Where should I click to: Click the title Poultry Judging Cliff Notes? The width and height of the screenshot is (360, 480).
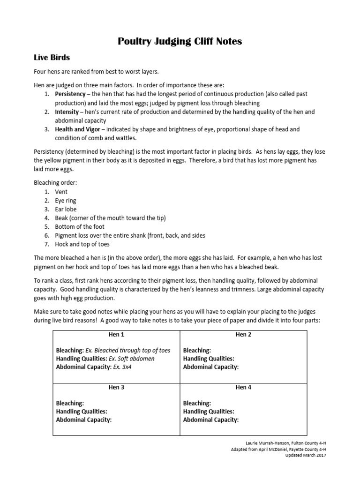coord(180,41)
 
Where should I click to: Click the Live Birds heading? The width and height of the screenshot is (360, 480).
coord(52,58)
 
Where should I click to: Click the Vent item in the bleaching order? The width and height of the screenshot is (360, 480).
coord(61,192)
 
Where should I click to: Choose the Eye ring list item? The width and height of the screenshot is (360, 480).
coord(66,201)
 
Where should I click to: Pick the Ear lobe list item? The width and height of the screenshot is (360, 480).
coord(66,209)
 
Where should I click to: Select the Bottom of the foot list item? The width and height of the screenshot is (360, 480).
coord(80,226)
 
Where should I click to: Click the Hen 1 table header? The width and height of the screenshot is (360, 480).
coord(116,335)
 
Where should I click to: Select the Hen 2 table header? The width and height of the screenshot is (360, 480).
coord(244,335)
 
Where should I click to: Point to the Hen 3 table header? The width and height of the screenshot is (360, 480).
coord(116,388)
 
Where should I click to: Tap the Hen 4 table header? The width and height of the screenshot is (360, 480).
coord(244,388)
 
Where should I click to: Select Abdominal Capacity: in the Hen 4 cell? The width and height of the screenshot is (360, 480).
coord(211,420)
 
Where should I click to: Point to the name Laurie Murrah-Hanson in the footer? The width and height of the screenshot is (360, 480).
coord(266,442)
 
